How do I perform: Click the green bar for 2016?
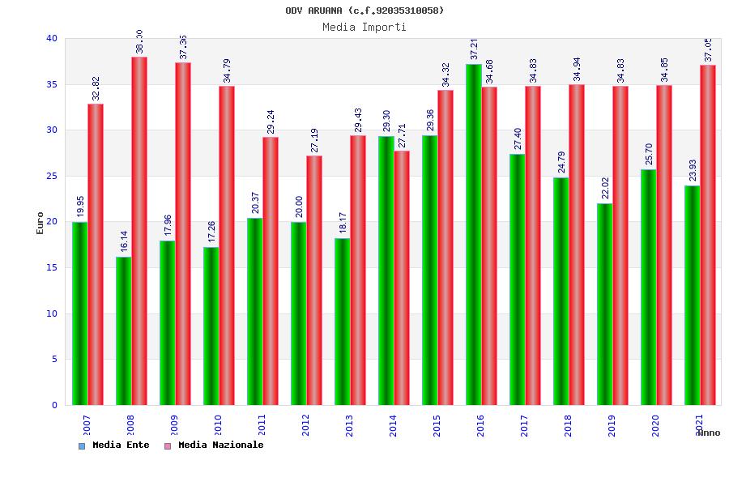point(473,235)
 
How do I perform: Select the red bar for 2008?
point(139,231)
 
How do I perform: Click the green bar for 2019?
point(604,304)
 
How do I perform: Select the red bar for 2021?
point(708,235)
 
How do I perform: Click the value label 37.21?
point(475,49)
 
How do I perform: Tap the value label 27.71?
point(403,135)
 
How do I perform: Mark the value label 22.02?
point(605,188)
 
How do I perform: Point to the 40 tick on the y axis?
point(52,38)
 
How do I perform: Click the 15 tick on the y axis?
point(52,267)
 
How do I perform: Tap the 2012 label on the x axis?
point(306,425)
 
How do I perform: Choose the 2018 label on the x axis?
point(569,425)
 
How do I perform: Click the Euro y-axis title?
point(40,223)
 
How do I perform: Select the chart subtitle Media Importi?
point(364,27)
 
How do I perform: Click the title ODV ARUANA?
point(364,11)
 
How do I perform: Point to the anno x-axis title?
point(708,433)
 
